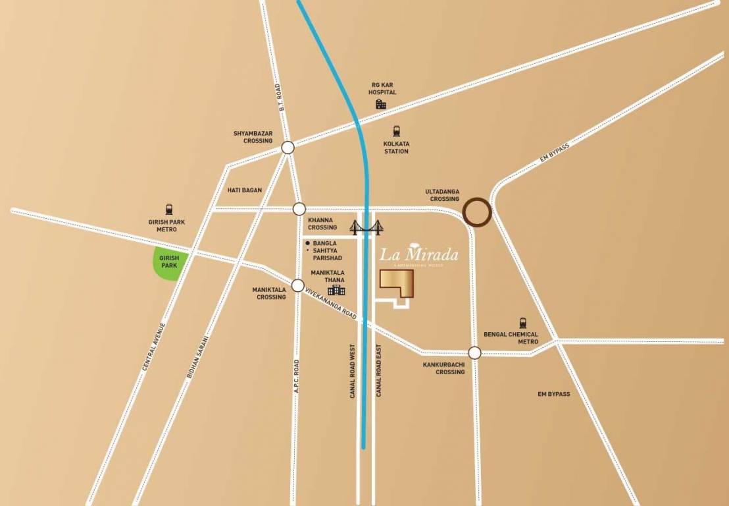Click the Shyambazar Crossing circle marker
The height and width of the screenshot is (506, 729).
[288, 148]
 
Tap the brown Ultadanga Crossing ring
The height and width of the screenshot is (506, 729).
[477, 212]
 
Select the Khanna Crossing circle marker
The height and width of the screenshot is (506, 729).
[299, 209]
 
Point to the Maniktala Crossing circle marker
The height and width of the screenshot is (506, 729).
[297, 285]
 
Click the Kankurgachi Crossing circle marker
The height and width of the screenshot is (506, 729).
[474, 352]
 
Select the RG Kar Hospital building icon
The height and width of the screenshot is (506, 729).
[381, 104]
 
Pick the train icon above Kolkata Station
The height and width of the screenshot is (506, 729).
[397, 130]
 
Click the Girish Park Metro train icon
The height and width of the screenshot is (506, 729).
[170, 209]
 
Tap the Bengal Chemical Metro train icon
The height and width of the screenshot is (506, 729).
[523, 323]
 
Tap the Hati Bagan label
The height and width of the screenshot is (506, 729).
[244, 190]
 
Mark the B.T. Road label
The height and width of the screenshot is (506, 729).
[280, 97]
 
